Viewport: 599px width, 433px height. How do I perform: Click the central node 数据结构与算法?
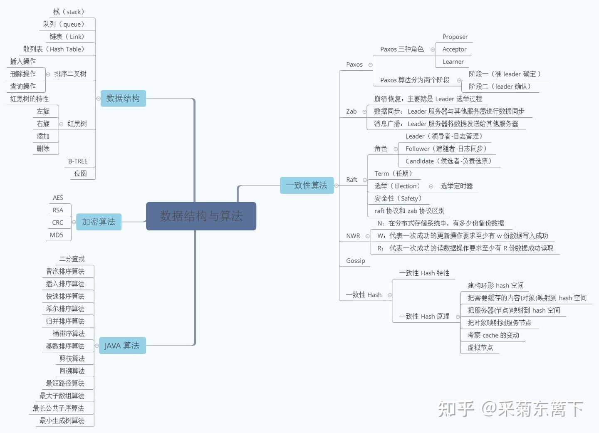pyautogui.click(x=201, y=216)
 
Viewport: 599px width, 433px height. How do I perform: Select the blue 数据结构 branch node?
pyautogui.click(x=123, y=98)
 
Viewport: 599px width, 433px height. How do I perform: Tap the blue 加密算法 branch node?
pyautogui.click(x=99, y=222)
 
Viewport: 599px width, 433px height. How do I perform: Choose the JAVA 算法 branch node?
pyautogui.click(x=122, y=345)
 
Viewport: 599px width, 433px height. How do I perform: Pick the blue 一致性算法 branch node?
pyautogui.click(x=307, y=185)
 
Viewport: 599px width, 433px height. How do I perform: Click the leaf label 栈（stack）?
pyautogui.click(x=69, y=12)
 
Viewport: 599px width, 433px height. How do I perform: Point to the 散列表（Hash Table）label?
pyautogui.click(x=54, y=49)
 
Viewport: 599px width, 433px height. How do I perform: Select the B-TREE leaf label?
pyautogui.click(x=78, y=161)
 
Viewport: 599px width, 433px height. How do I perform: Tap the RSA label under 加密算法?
pyautogui.click(x=58, y=210)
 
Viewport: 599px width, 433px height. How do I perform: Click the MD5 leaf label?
pyautogui.click(x=57, y=235)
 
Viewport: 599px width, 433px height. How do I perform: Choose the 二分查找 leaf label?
pyautogui.click(x=72, y=259)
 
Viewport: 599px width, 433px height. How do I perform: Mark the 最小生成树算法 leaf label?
pyautogui.click(x=62, y=421)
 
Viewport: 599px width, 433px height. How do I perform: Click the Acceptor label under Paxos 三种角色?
pyautogui.click(x=454, y=49)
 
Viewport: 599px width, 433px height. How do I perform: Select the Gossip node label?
pyautogui.click(x=356, y=261)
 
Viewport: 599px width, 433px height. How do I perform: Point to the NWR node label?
pyautogui.click(x=353, y=236)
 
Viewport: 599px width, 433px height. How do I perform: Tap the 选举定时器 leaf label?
pyautogui.click(x=457, y=186)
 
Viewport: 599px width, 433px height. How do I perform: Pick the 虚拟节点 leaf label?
pyautogui.click(x=480, y=347)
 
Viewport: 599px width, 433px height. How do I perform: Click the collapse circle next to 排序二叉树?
pyautogui.click(x=48, y=74)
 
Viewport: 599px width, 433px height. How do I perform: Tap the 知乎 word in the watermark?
pyautogui.click(x=456, y=409)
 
